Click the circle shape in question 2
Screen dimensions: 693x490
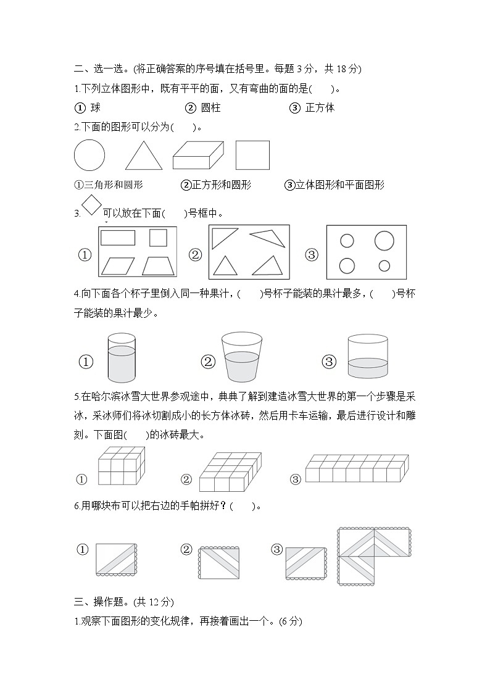[89, 155]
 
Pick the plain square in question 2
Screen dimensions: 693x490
[253, 155]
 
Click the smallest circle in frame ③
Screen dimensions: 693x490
[384, 266]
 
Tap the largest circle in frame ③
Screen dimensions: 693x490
[384, 241]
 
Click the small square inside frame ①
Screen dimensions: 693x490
[158, 238]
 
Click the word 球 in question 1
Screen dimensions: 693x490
[95, 107]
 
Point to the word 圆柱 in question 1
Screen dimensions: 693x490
[211, 107]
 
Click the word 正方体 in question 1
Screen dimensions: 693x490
[320, 107]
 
